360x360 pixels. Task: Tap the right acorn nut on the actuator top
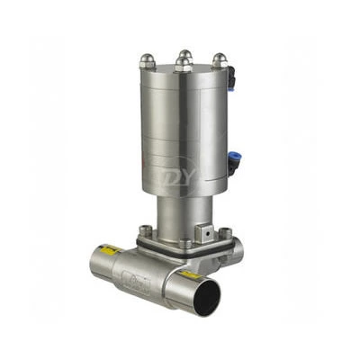[x=218, y=59]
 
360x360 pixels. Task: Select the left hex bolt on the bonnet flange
[x=147, y=231]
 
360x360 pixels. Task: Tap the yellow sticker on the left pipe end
[x=110, y=249]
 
